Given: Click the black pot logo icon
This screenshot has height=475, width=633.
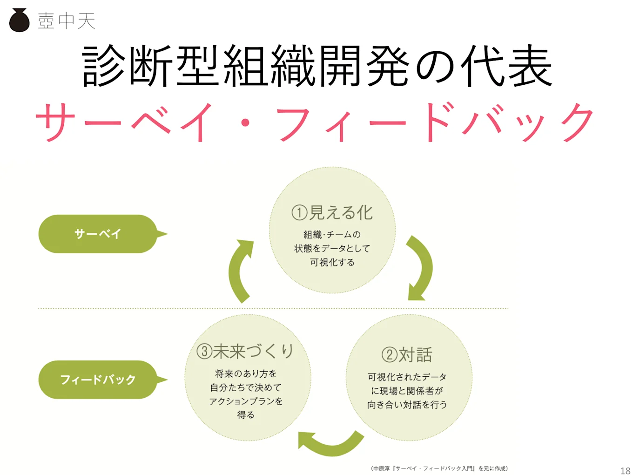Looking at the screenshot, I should pyautogui.click(x=20, y=20).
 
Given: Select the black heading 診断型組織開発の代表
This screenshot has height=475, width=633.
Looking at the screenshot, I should pyautogui.click(x=317, y=67).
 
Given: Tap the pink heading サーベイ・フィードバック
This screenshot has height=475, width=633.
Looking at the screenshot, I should pyautogui.click(x=315, y=122).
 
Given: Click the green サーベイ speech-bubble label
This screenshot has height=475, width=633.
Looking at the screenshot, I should pyautogui.click(x=98, y=234).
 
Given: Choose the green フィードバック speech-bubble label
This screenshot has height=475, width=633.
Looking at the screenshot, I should pyautogui.click(x=98, y=380).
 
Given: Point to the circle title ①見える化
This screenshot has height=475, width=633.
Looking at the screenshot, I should pyautogui.click(x=332, y=213).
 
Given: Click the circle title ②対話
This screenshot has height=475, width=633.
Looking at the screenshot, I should pyautogui.click(x=407, y=355).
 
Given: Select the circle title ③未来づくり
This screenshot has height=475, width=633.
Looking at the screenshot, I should pyautogui.click(x=245, y=351).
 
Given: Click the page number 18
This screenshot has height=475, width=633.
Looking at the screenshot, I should pyautogui.click(x=625, y=470).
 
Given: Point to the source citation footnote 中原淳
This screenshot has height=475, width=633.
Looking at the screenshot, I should pyautogui.click(x=439, y=468).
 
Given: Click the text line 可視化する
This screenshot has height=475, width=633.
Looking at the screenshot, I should pyautogui.click(x=332, y=263).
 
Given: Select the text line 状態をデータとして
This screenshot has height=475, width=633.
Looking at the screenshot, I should pyautogui.click(x=332, y=249).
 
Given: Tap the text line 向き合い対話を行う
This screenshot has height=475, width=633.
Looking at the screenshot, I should pyautogui.click(x=407, y=405).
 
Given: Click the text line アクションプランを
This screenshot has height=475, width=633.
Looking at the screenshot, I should pyautogui.click(x=246, y=401).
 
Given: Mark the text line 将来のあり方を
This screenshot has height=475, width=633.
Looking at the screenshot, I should pyautogui.click(x=246, y=373).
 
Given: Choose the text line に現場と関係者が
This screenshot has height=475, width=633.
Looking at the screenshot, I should pyautogui.click(x=407, y=391).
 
